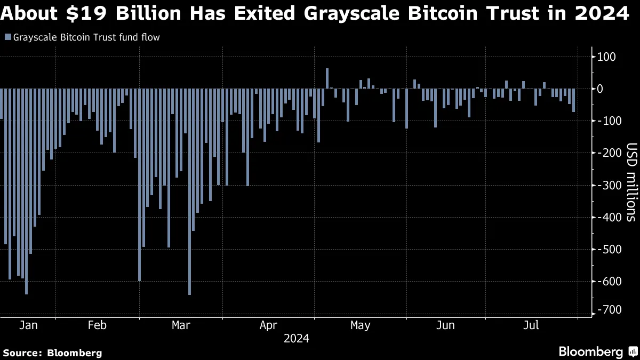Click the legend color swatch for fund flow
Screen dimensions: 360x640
(x=7, y=37)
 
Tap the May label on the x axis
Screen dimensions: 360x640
(x=361, y=325)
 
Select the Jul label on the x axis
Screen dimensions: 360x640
(x=531, y=325)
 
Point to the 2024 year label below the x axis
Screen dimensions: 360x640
(x=296, y=338)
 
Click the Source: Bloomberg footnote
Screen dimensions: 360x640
(x=52, y=353)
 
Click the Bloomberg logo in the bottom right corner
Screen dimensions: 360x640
(x=597, y=351)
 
